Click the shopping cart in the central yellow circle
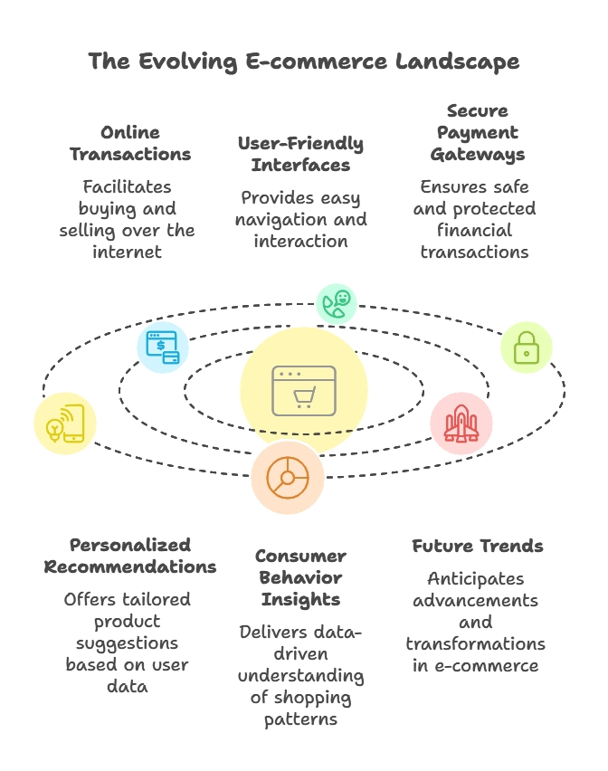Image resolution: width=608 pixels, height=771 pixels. [305, 396]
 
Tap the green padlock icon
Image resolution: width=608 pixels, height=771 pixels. [526, 347]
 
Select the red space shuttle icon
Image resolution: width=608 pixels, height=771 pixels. [461, 423]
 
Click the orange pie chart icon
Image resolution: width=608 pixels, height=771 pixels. [287, 478]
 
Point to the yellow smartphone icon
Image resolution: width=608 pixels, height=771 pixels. [72, 423]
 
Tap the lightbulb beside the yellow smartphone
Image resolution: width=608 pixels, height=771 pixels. [54, 431]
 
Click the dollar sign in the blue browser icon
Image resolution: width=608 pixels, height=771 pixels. [160, 344]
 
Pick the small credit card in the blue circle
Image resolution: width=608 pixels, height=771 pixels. [171, 357]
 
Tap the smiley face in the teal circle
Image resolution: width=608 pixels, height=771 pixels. [343, 298]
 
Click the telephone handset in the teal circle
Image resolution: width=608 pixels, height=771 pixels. [332, 308]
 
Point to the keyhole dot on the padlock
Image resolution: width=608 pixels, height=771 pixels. [526, 354]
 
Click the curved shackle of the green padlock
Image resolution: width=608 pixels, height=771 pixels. [526, 338]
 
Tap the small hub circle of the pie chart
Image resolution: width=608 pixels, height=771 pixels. [287, 478]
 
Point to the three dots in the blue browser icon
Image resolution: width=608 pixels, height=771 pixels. [153, 335]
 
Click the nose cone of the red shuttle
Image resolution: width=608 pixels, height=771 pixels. [461, 408]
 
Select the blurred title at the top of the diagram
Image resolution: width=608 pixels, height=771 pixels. [304, 62]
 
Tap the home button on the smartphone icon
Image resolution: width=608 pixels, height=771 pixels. [73, 438]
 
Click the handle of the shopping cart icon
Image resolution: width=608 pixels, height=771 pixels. [295, 390]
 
